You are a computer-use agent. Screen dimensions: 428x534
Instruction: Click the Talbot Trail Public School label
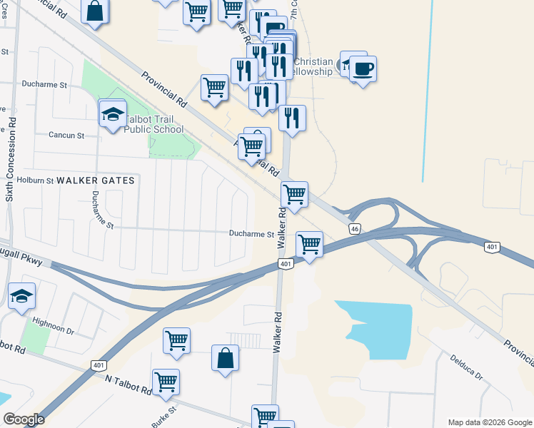pyautogui.click(x=153, y=124)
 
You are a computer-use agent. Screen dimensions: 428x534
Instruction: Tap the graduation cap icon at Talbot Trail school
pyautogui.click(x=113, y=113)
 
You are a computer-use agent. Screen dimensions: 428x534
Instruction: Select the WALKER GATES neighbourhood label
pyautogui.click(x=96, y=180)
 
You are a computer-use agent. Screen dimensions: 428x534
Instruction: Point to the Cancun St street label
pyautogui.click(x=66, y=135)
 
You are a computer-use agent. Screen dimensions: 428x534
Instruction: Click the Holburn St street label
pyautogui.click(x=36, y=180)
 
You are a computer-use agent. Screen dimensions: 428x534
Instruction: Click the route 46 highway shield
pyautogui.click(x=354, y=229)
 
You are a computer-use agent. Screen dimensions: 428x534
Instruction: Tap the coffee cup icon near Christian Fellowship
pyautogui.click(x=363, y=69)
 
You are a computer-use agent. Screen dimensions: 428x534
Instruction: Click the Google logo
pyautogui.click(x=24, y=419)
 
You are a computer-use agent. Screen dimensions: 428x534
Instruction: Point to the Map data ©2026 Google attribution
pyautogui.click(x=489, y=422)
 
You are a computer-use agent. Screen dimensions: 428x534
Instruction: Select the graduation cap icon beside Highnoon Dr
pyautogui.click(x=22, y=295)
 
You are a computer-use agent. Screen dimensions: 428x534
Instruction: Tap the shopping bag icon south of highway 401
pyautogui.click(x=225, y=358)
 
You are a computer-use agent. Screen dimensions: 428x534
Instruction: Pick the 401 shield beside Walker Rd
pyautogui.click(x=285, y=265)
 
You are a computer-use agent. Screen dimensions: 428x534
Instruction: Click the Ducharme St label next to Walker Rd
pyautogui.click(x=251, y=234)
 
